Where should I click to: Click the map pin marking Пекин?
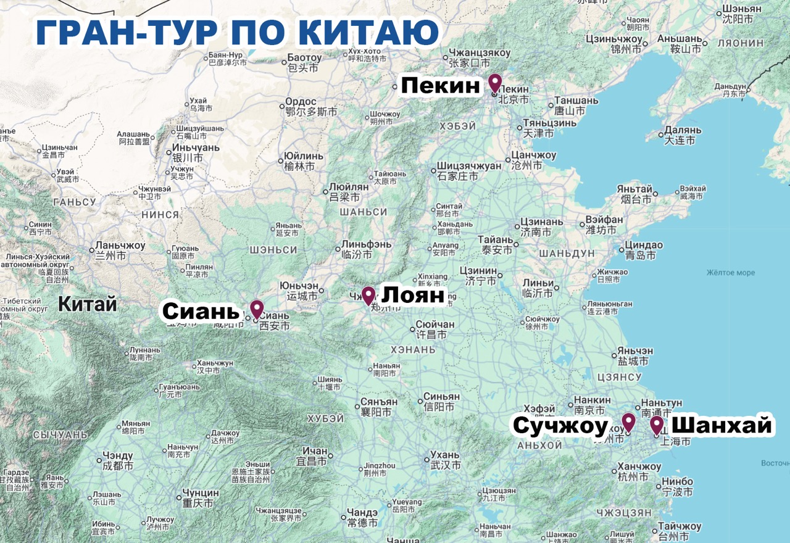tap(494, 83)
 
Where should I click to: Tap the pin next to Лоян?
tap(368, 296)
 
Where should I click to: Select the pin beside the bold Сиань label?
tap(256, 309)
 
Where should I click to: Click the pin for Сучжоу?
tap(628, 422)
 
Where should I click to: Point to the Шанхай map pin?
tap(656, 425)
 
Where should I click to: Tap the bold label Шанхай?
tap(721, 426)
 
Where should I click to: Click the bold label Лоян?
tap(413, 296)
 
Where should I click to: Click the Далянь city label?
tap(683, 131)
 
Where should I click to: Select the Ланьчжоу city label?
tap(120, 246)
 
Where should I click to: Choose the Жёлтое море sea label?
tap(731, 272)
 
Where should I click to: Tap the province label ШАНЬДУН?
tap(567, 254)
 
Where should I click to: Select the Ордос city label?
tap(301, 102)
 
